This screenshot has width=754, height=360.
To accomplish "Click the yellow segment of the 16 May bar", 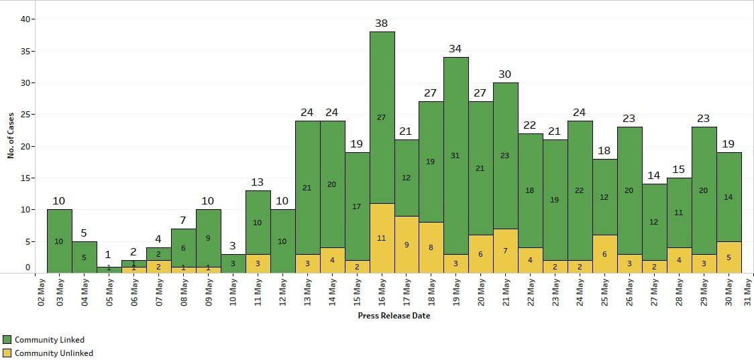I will coord(382,238).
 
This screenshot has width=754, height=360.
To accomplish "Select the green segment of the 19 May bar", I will coord(455,156).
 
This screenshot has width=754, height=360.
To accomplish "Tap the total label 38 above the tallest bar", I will coord(382,23).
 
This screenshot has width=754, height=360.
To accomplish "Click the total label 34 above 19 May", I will coord(455,49).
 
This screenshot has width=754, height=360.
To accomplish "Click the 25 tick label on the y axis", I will coord(27,115).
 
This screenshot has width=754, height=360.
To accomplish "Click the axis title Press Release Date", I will coord(394,316).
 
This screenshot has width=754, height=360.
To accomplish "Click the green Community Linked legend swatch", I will coord(7,340).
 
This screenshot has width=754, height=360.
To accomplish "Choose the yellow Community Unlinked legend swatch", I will coord(7,353).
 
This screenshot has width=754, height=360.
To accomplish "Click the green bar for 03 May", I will coord(59,241).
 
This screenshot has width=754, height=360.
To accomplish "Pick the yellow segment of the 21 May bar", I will coord(505,251).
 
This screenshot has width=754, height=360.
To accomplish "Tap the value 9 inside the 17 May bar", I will coord(407,245).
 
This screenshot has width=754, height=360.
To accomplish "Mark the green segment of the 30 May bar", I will coord(729,196).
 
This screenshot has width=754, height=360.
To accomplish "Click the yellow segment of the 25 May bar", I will coord(604,254).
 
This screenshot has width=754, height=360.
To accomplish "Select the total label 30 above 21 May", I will coord(505,74).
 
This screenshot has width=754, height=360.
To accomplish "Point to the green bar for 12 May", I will coord(282,241).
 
